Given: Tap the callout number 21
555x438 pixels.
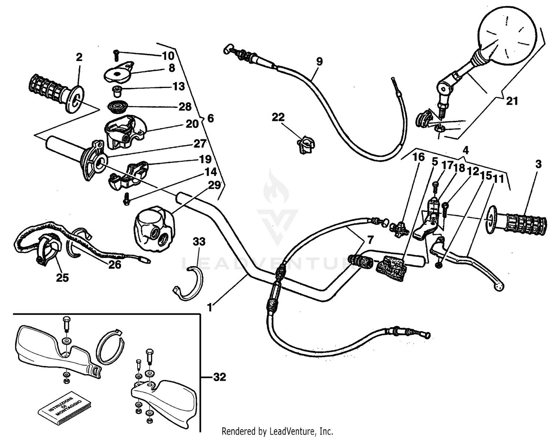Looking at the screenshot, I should click(512, 101).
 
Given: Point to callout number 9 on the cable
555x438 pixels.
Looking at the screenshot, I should click(319, 61).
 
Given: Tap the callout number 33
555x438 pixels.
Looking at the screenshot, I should click(199, 242).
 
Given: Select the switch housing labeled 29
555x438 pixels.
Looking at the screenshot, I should click(152, 229).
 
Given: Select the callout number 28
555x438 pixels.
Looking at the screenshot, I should click(185, 107).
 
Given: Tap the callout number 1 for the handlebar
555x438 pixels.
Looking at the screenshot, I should click(210, 307).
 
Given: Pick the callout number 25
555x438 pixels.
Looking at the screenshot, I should click(62, 277).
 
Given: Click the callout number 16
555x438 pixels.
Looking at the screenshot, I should click(418, 157).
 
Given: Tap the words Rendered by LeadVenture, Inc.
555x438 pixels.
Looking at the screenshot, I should click(277, 431).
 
